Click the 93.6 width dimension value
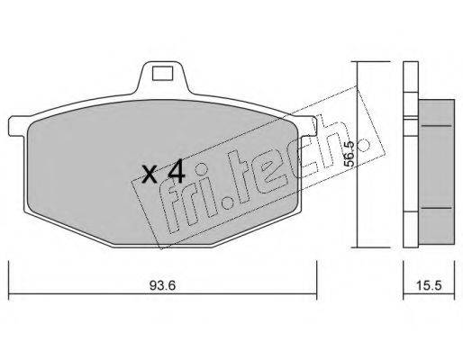[x=162, y=286]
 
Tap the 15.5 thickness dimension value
[x=429, y=286]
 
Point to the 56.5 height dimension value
[x=350, y=154]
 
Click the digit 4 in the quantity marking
[x=176, y=171]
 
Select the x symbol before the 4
[x=150, y=175]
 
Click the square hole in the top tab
[x=163, y=73]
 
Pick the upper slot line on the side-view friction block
[x=437, y=126]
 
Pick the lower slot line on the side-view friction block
[x=437, y=208]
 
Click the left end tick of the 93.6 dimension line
[x=9, y=280]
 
